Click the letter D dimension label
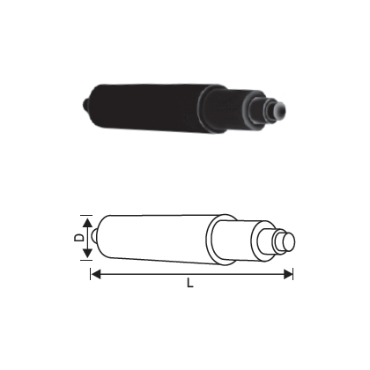point(78,237)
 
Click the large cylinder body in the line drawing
point(154,238)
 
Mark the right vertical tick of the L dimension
point(292,269)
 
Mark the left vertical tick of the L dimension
point(91,269)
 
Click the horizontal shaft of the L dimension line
point(190,275)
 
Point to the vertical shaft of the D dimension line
point(87,238)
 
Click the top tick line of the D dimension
point(93,215)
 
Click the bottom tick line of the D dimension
point(93,260)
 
